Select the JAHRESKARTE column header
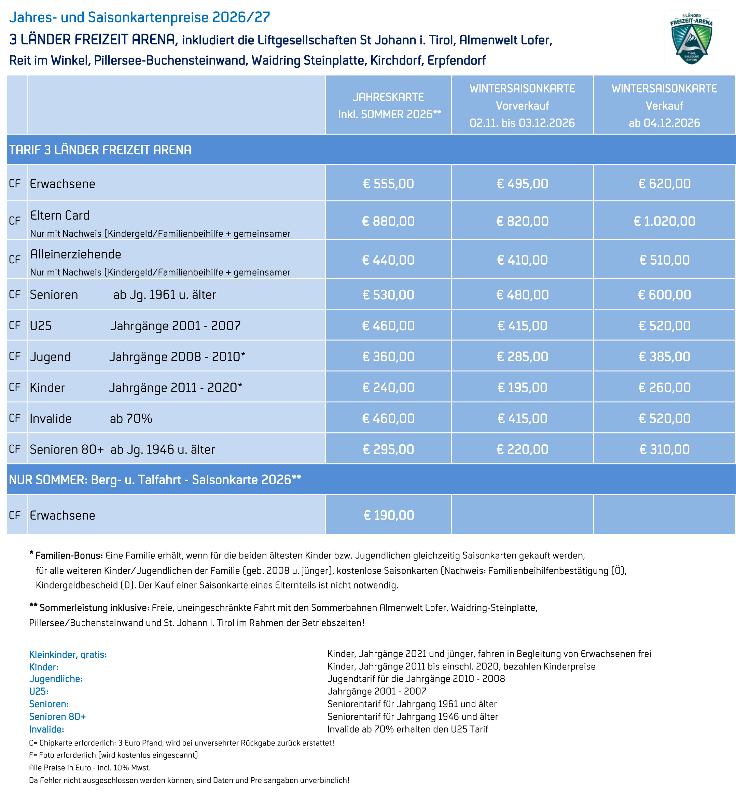click(388, 97)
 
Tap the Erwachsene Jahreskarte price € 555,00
click(388, 183)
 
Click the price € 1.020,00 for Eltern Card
click(664, 221)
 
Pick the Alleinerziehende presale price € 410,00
click(522, 260)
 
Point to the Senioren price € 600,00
click(664, 295)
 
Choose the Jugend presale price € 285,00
click(522, 356)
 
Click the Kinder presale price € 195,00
click(522, 387)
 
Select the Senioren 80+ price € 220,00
click(522, 449)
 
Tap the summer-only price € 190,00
click(388, 515)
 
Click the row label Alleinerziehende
click(76, 254)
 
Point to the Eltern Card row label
click(60, 216)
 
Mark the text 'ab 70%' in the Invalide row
click(130, 418)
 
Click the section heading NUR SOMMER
click(154, 480)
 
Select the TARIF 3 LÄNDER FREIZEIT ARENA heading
click(100, 150)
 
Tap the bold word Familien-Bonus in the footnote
click(69, 555)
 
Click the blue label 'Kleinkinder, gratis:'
click(68, 654)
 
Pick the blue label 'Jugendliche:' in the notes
click(56, 679)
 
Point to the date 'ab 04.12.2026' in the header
click(664, 123)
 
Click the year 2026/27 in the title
click(241, 17)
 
